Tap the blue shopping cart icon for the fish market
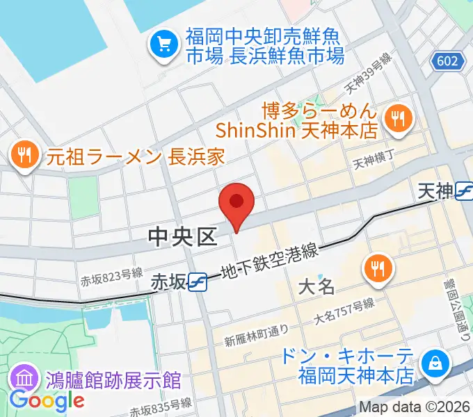pos(165,44)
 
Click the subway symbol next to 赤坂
pos(198,281)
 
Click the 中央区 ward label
pos(183,238)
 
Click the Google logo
pos(47,400)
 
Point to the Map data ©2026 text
pos(414,408)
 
